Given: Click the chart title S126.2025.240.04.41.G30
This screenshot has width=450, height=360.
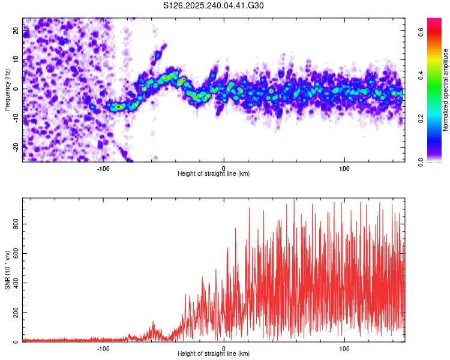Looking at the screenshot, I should click(x=214, y=5).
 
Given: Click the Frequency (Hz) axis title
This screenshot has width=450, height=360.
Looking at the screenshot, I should click(x=8, y=89).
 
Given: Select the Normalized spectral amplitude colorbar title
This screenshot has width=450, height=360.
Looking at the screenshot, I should click(x=446, y=90).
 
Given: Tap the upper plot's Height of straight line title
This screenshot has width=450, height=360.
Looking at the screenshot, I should click(x=214, y=174).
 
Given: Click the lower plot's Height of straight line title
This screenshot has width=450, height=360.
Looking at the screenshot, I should click(x=214, y=354).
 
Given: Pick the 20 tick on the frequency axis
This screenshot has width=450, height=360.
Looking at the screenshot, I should click(x=16, y=31).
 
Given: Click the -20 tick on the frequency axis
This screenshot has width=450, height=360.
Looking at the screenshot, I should click(x=16, y=146).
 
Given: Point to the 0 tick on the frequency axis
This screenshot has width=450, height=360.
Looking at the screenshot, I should click(x=16, y=89).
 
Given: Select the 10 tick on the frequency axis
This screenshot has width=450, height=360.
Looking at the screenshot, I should click(x=16, y=60).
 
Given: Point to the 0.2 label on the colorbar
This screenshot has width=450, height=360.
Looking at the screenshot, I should click(x=422, y=118).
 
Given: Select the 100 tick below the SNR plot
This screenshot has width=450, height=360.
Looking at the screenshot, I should click(x=344, y=348).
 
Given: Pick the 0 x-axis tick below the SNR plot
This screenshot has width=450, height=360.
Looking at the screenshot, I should click(x=224, y=348).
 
